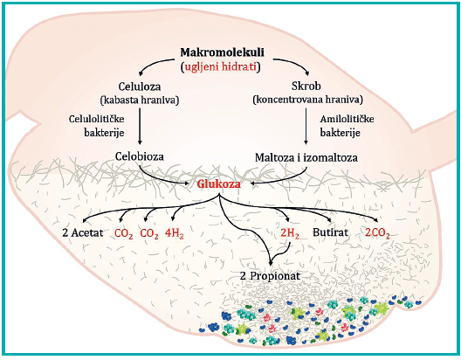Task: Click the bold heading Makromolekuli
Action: (x=222, y=52)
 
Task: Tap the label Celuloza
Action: (x=140, y=87)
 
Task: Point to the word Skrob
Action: (x=306, y=86)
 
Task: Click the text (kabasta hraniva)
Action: (x=140, y=100)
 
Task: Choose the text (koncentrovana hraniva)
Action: (x=307, y=100)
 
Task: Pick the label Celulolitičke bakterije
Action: (x=96, y=126)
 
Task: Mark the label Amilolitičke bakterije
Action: (x=347, y=126)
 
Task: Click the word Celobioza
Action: (x=140, y=156)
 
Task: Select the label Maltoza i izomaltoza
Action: (x=306, y=157)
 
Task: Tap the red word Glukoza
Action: (x=219, y=184)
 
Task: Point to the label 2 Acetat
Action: (x=83, y=233)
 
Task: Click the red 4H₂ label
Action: (x=175, y=233)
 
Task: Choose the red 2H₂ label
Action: (x=290, y=233)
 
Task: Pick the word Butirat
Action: (x=330, y=232)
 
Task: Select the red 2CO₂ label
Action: (x=377, y=233)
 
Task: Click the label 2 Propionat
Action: (x=270, y=276)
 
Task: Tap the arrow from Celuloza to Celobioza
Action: (x=140, y=126)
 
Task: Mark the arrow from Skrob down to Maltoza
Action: (x=306, y=126)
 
